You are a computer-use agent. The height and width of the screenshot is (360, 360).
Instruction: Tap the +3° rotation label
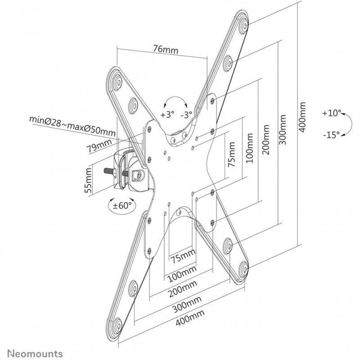(x=166, y=114)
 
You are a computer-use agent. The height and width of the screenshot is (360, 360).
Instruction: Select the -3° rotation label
(x=187, y=114)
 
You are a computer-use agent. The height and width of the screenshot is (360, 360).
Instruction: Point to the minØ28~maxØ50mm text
(x=72, y=126)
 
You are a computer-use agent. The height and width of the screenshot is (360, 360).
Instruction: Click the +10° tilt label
(x=332, y=113)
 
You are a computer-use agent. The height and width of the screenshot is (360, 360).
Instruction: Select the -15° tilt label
(x=331, y=134)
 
